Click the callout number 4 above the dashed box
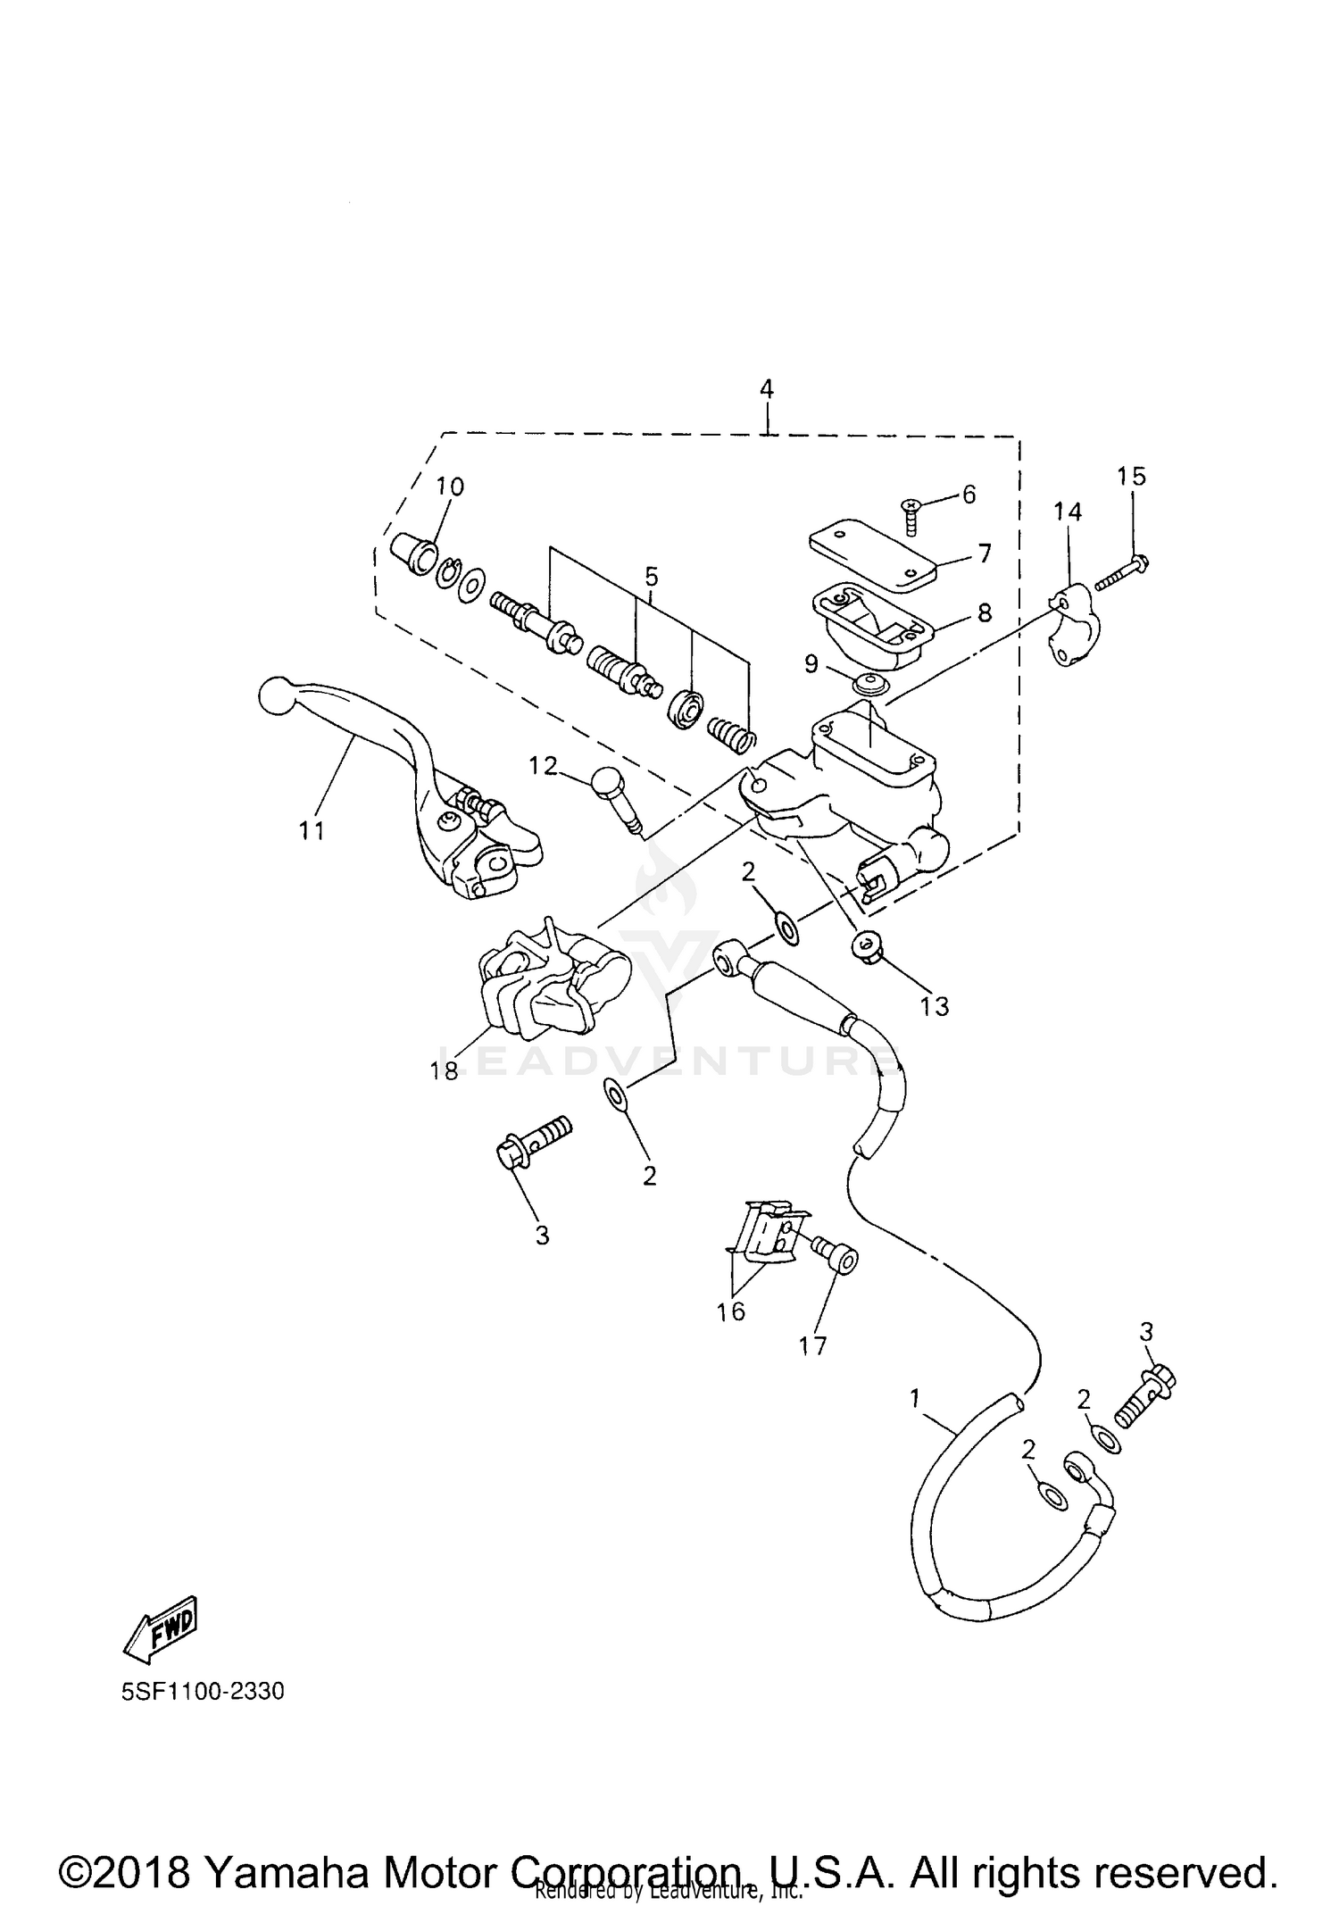[x=766, y=389]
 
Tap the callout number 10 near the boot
[x=450, y=487]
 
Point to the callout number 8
[x=984, y=612]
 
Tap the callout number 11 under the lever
[x=311, y=830]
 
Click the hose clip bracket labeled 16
[x=768, y=1235]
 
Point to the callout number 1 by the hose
[x=914, y=1398]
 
